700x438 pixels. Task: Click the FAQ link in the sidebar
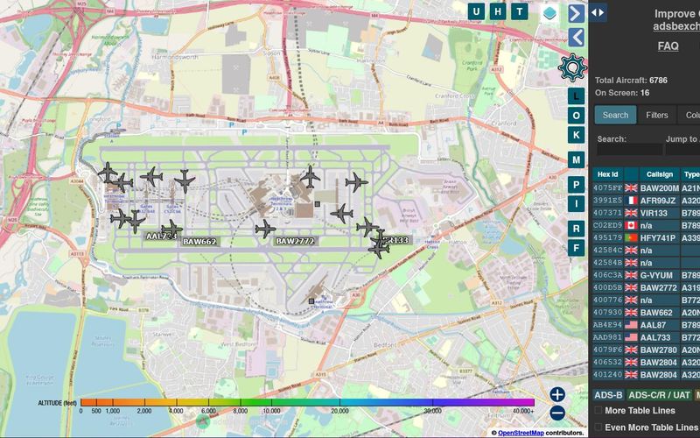(x=668, y=46)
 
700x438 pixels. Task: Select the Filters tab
(x=656, y=115)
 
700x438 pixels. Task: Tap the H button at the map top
(x=498, y=11)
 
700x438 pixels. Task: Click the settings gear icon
(x=573, y=67)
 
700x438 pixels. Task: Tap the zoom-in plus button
(x=557, y=395)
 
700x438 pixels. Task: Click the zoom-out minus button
(x=557, y=413)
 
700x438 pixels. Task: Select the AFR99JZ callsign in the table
(x=659, y=200)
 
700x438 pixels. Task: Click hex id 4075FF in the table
(x=607, y=187)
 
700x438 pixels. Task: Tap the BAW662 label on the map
(x=199, y=241)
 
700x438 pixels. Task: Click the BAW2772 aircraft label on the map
(x=294, y=241)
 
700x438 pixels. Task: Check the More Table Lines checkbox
(x=598, y=410)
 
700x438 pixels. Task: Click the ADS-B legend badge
(x=609, y=396)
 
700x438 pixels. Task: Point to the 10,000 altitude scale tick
(x=271, y=410)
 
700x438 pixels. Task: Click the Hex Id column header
(x=607, y=174)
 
